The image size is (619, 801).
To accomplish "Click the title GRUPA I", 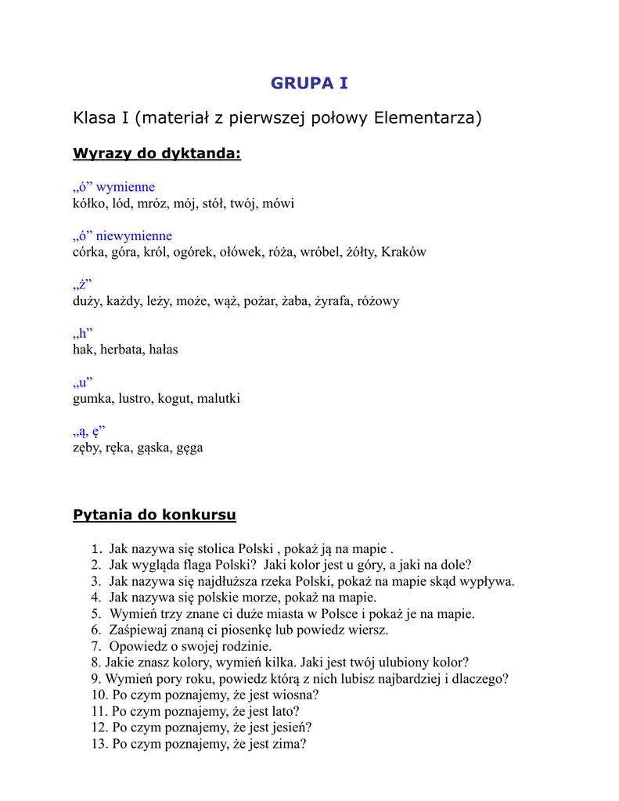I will point(309,83).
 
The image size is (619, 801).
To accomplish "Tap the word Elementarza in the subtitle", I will point(427,118).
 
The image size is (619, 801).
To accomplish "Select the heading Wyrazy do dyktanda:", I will point(157,153).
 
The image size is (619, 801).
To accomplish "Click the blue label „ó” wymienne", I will point(113,187).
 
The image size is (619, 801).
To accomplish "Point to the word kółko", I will point(87,203).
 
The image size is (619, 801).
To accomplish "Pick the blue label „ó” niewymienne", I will point(122,235).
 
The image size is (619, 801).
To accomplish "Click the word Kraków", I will point(404,252).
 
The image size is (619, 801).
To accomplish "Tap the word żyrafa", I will point(335,301).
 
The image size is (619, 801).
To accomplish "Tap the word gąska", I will point(154,448).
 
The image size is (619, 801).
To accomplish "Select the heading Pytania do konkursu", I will point(154,515).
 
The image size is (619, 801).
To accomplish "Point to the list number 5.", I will point(95,614).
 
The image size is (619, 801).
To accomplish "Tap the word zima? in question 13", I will point(289,744).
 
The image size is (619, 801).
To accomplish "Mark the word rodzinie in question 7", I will point(247,646).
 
